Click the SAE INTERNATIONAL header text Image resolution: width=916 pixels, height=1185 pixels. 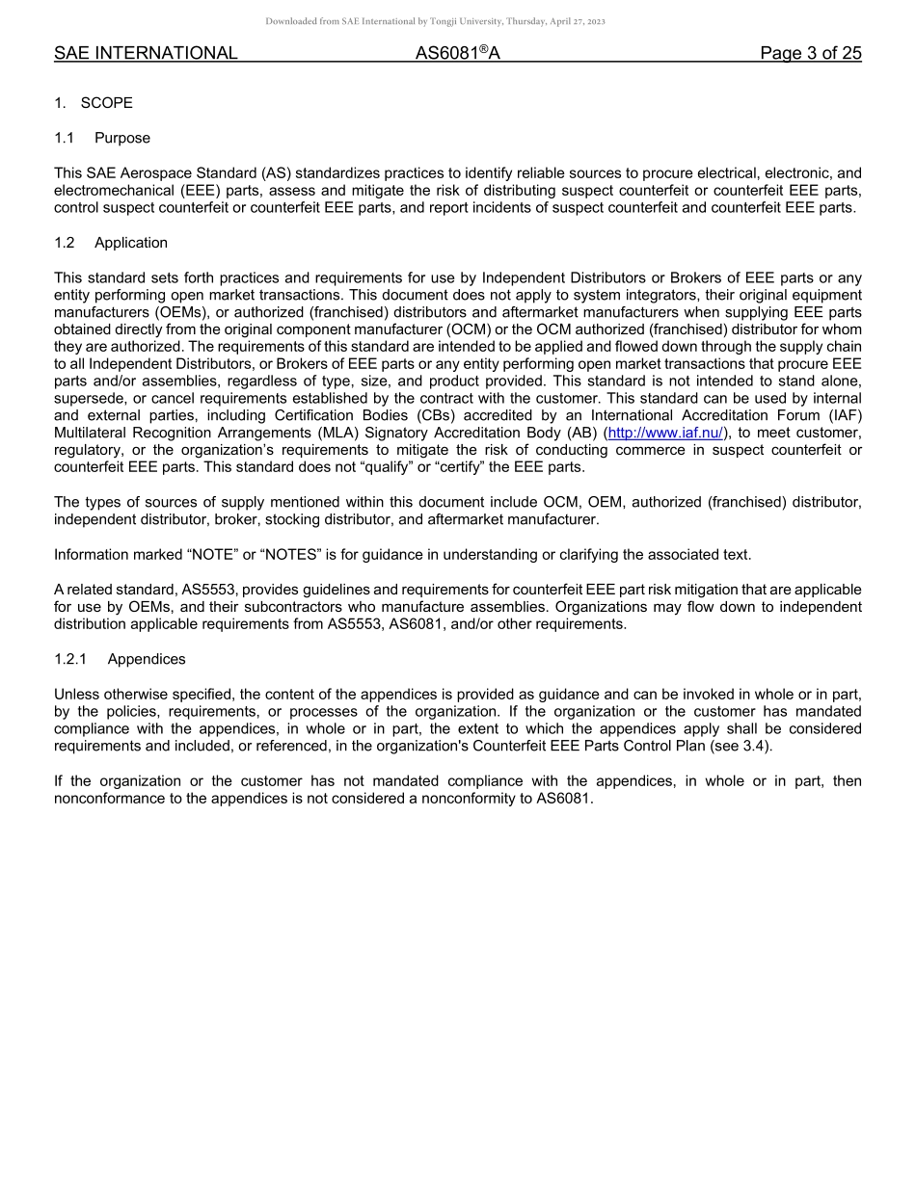pos(146,54)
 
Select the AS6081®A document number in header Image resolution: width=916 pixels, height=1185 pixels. pos(457,54)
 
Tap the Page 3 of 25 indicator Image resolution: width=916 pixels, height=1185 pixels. pos(810,54)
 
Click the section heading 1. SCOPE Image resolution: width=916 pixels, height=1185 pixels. pos(94,103)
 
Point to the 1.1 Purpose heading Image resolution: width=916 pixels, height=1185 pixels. pos(102,138)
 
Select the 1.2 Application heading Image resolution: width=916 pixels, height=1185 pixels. pos(111,243)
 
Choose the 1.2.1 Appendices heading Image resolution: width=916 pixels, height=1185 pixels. pos(120,659)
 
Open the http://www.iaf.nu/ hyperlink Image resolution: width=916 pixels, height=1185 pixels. pos(665,433)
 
